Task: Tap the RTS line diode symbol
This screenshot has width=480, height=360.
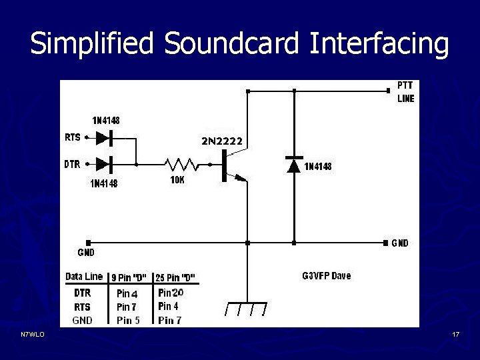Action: (x=104, y=138)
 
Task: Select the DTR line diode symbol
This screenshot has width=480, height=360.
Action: (x=104, y=163)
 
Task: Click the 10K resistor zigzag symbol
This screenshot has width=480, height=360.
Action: (x=182, y=163)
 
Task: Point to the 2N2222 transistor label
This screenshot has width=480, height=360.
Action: (x=222, y=140)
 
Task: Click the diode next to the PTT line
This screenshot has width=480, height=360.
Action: (x=294, y=165)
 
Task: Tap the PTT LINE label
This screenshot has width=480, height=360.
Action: (x=405, y=92)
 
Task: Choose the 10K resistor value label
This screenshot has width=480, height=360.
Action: (x=177, y=180)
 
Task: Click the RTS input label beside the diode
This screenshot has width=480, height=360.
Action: (x=73, y=138)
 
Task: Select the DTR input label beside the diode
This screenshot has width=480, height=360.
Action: (x=73, y=163)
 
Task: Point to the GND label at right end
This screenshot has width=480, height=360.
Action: (x=400, y=243)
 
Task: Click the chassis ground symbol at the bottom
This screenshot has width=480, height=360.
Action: (x=246, y=308)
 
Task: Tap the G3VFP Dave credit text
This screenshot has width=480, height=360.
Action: (x=326, y=275)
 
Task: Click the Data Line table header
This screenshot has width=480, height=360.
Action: (x=84, y=276)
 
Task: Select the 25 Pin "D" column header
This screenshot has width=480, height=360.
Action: (x=175, y=277)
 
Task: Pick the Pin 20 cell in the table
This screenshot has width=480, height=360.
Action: (x=171, y=293)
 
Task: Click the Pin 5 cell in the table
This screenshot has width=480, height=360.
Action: (x=128, y=320)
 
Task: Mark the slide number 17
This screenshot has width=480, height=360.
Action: (x=456, y=333)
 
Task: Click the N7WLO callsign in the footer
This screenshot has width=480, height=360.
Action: (x=32, y=333)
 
